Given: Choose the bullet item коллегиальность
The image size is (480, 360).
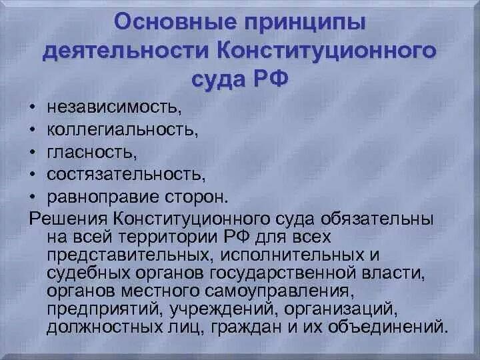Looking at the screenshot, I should [x=123, y=129].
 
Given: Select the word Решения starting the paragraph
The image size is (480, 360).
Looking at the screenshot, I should [x=67, y=219].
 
